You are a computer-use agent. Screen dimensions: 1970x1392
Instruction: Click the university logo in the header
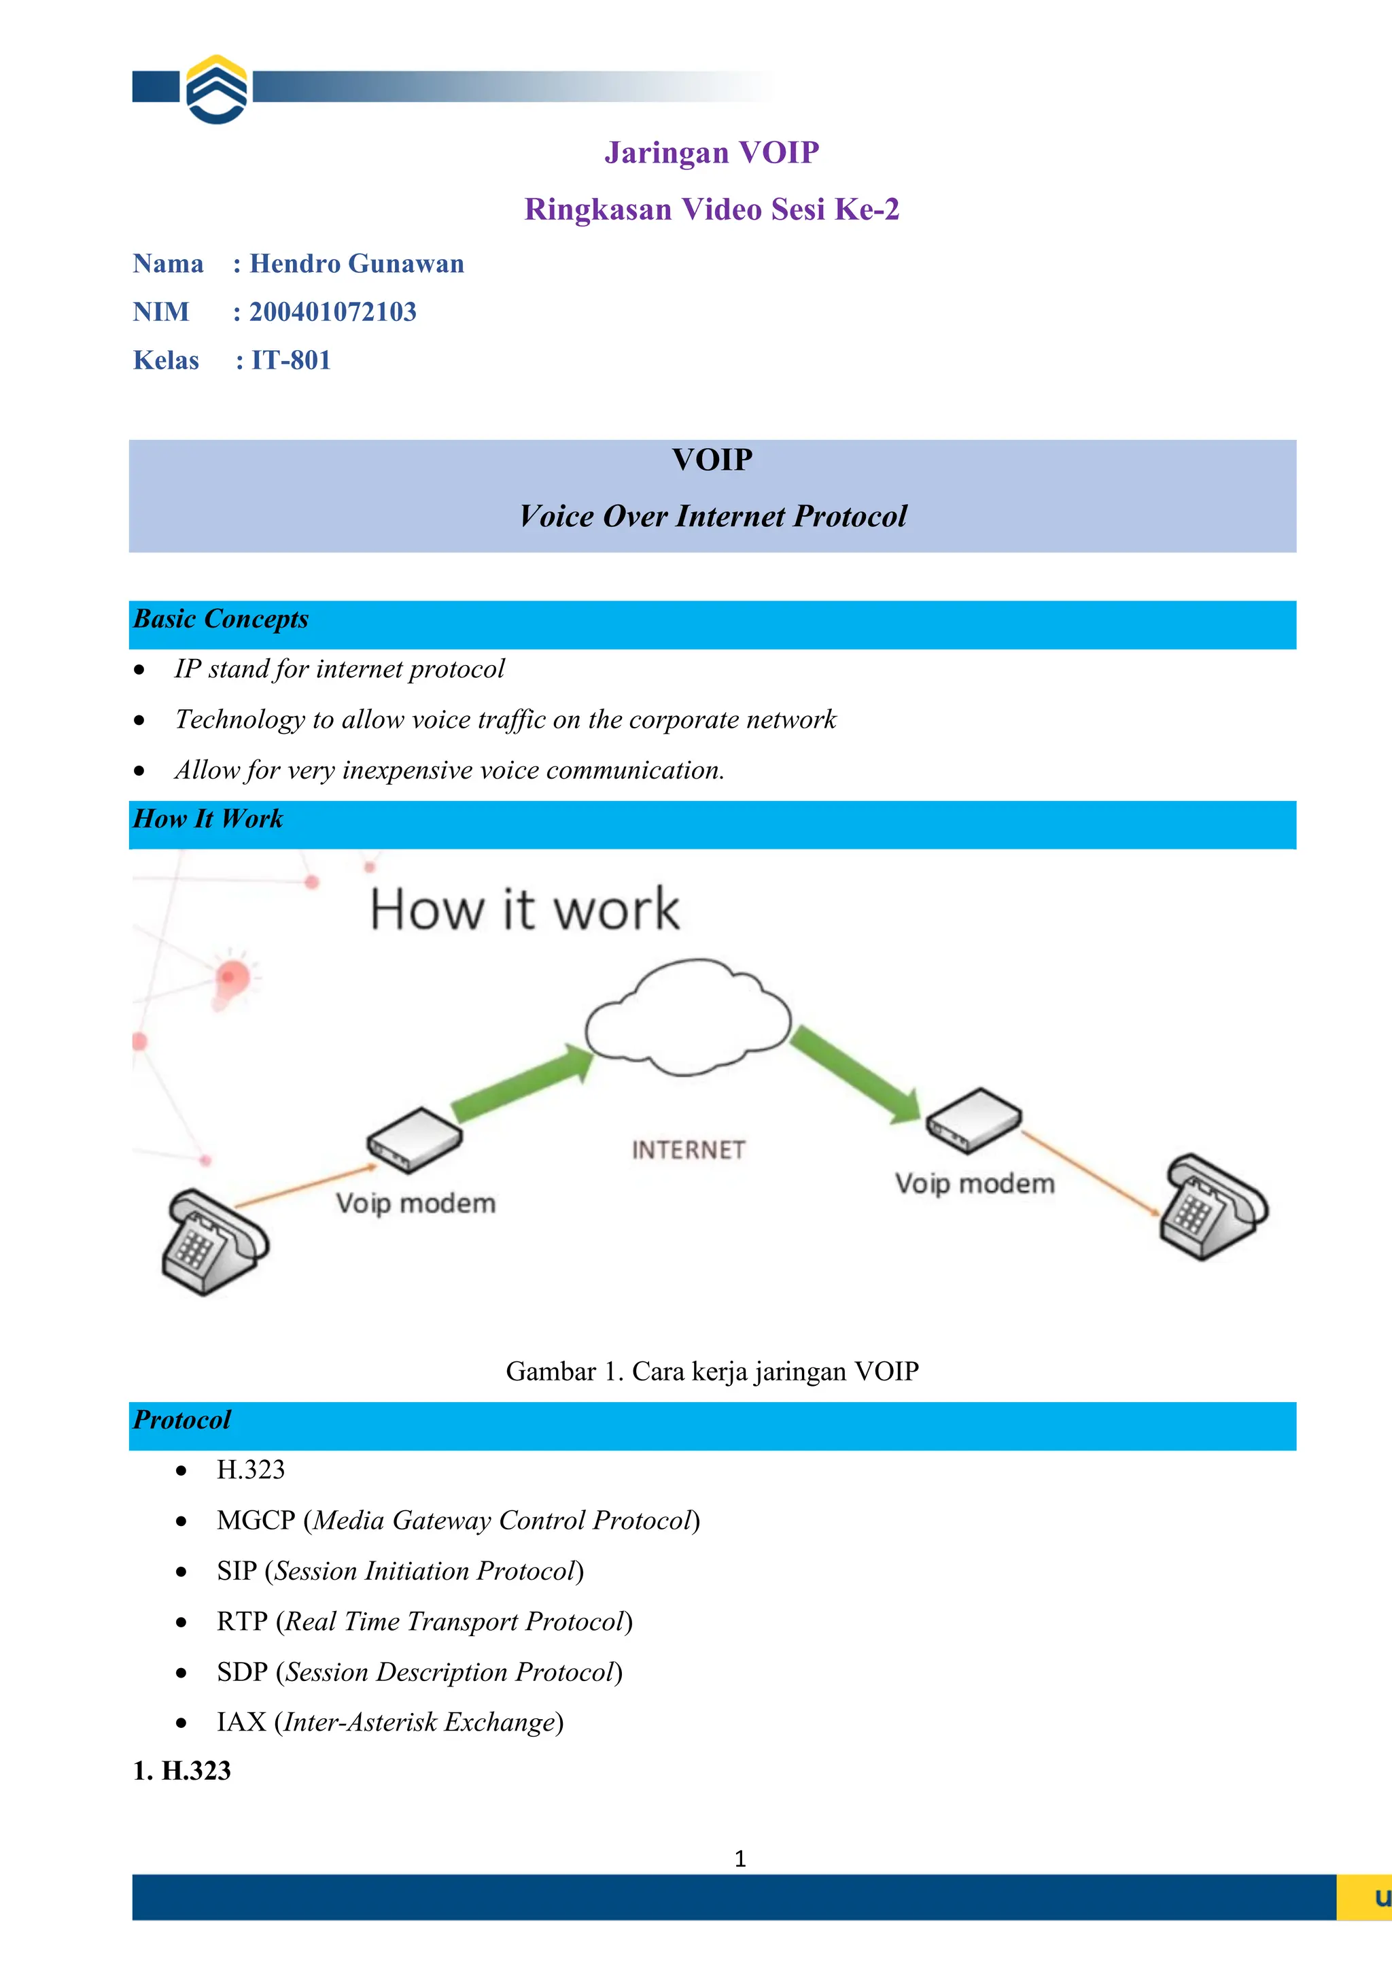[217, 89]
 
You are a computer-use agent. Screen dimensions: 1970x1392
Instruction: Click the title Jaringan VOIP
[711, 153]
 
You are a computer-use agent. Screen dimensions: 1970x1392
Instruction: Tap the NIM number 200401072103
[333, 311]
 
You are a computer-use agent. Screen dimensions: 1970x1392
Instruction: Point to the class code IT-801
[291, 360]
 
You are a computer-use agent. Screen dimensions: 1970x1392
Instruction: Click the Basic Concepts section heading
[222, 619]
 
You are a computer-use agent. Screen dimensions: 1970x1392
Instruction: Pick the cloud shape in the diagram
[688, 1017]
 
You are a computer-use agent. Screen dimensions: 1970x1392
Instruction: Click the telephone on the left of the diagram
[213, 1241]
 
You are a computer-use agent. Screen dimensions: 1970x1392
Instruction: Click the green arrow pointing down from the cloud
[856, 1074]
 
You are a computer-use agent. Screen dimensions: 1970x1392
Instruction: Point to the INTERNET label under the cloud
[688, 1150]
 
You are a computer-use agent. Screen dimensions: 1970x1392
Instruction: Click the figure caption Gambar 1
[711, 1371]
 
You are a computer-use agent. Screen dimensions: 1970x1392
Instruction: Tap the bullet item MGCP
[458, 1521]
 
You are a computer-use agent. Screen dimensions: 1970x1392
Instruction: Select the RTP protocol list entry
[423, 1622]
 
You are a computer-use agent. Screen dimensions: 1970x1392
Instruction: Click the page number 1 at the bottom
[740, 1858]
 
